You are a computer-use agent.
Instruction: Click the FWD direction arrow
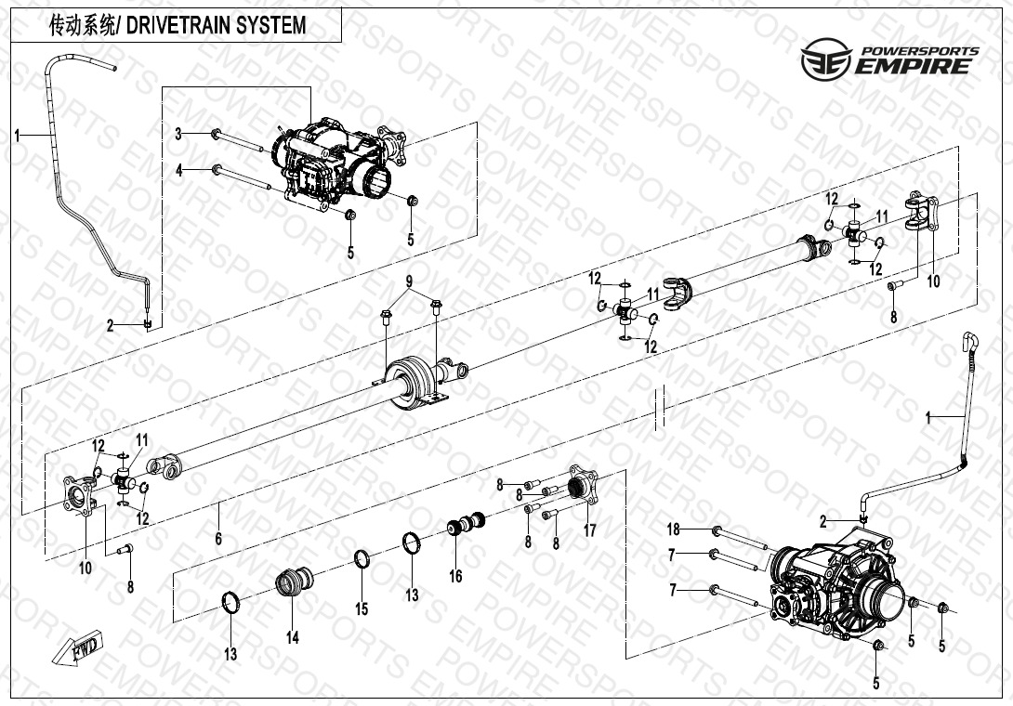(x=77, y=647)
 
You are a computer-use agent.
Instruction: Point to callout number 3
(x=179, y=135)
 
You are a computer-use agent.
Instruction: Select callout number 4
(x=179, y=171)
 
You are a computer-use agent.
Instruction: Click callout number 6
(x=218, y=538)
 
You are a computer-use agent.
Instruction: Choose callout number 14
(x=293, y=637)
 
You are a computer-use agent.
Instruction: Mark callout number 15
(x=362, y=609)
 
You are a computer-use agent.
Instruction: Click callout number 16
(x=456, y=576)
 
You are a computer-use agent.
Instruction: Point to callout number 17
(x=589, y=530)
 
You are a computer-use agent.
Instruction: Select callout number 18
(x=674, y=529)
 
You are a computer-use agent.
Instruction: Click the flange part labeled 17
(x=583, y=484)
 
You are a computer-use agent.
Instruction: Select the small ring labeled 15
(x=362, y=558)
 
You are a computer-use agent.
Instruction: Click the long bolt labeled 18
(x=739, y=539)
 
